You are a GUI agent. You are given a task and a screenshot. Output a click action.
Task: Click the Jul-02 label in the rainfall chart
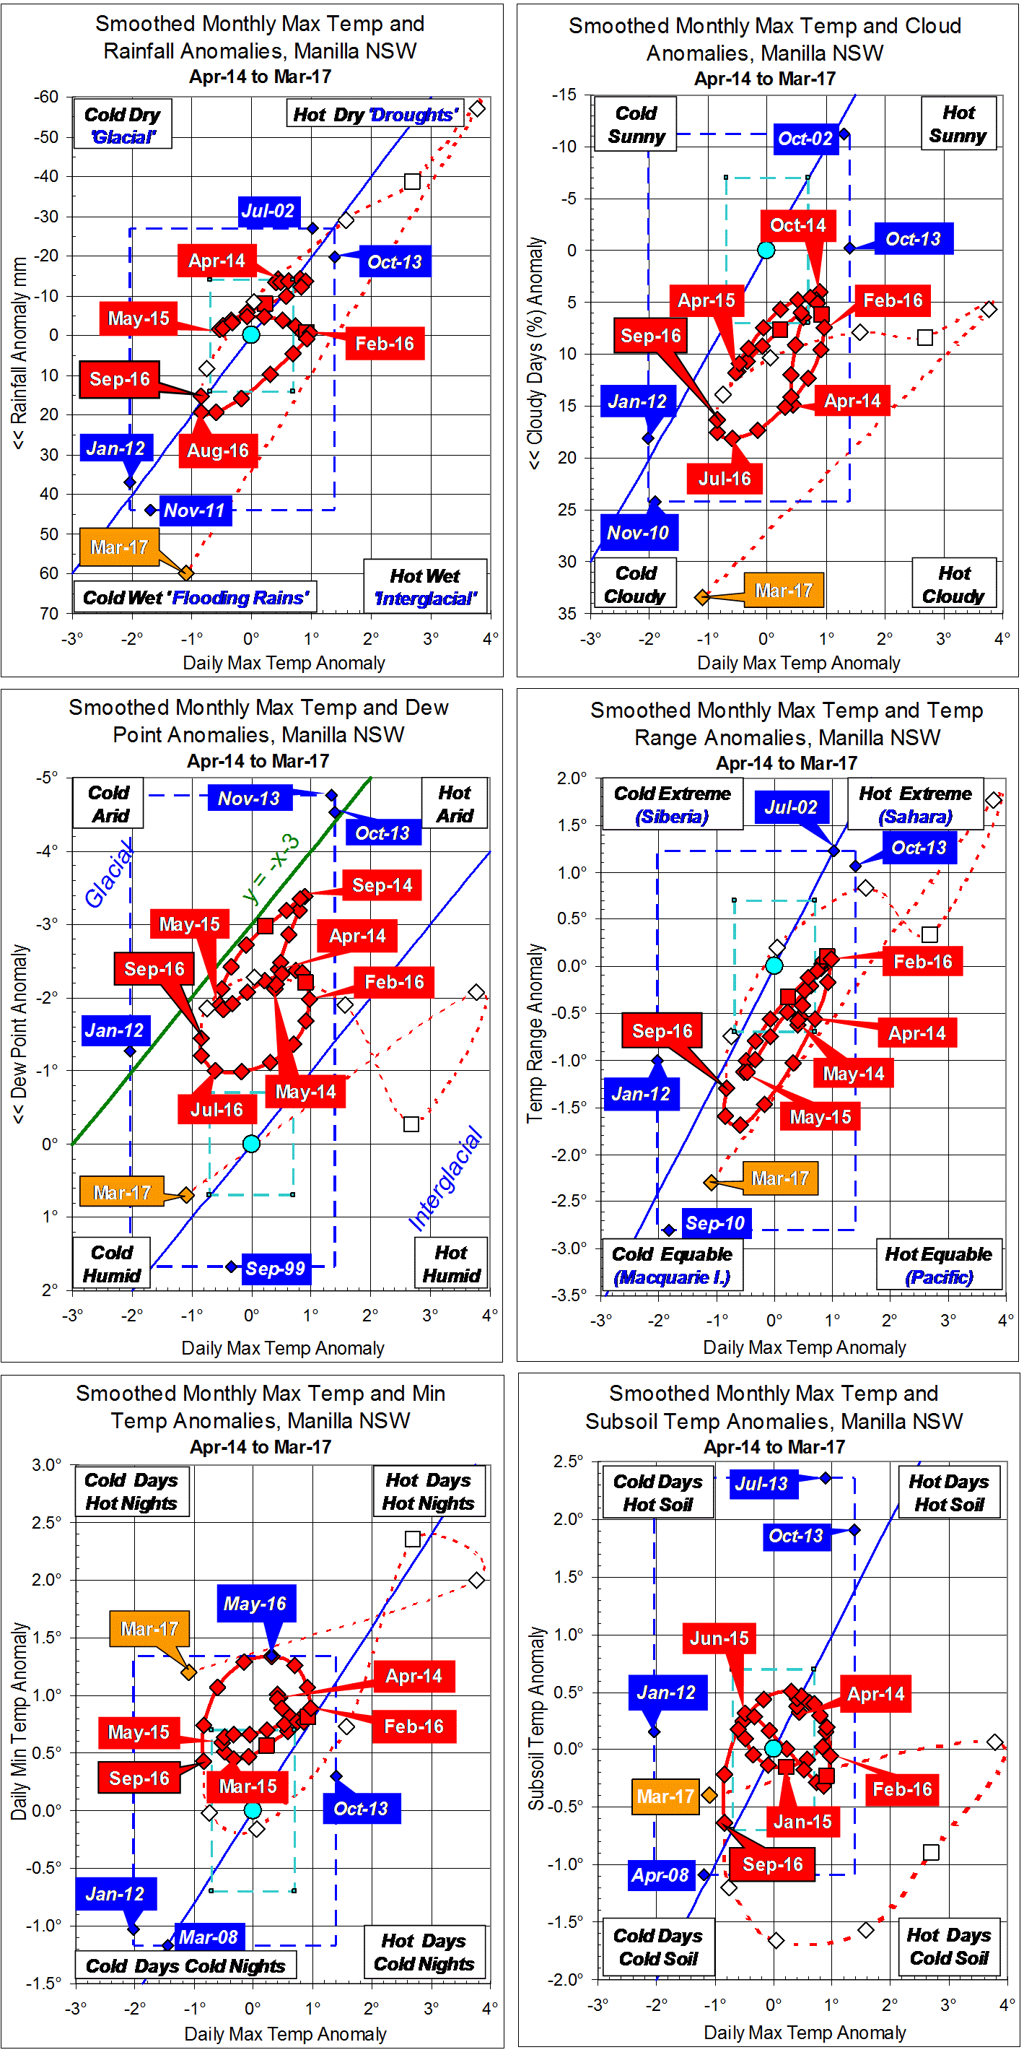(x=268, y=212)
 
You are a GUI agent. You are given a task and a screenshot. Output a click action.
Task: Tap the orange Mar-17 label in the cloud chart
(x=783, y=591)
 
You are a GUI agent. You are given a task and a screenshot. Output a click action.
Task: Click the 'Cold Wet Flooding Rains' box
(x=196, y=599)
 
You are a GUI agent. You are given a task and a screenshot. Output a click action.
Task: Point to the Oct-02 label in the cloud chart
(x=805, y=139)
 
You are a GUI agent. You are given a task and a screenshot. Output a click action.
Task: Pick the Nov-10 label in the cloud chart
(x=638, y=533)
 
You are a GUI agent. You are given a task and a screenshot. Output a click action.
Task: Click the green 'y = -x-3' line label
(x=271, y=869)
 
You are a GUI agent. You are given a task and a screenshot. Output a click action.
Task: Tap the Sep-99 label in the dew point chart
(x=275, y=1269)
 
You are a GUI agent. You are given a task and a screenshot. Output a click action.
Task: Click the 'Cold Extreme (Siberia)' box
(x=672, y=805)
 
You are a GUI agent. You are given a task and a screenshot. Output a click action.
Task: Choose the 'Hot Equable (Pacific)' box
(x=938, y=1266)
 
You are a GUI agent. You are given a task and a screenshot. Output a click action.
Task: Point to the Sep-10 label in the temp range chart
(x=714, y=1223)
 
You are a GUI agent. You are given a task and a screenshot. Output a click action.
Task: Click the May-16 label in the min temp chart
(x=255, y=1604)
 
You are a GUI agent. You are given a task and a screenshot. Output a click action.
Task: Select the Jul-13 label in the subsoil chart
(x=761, y=1484)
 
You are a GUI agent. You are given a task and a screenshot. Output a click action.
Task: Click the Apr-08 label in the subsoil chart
(x=660, y=1874)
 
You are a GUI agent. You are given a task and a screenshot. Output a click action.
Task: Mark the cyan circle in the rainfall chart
(x=251, y=335)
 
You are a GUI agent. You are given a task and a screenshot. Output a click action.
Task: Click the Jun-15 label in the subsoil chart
(x=719, y=1638)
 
